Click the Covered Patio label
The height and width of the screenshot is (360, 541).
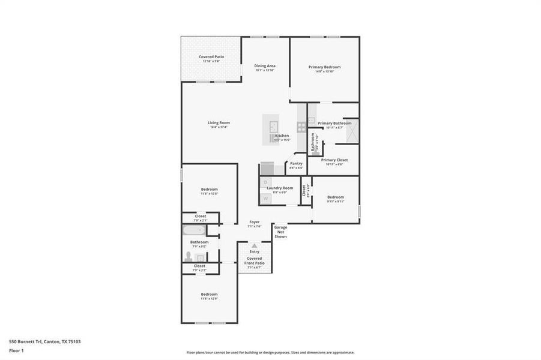coord(211,56)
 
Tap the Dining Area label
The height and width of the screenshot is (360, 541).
coord(264,65)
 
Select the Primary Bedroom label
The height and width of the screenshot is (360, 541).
coord(325,67)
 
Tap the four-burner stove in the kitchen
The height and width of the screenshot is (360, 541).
coord(301,127)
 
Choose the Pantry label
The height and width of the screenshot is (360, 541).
coord(296,163)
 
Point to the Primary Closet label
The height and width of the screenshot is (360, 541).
coord(334,160)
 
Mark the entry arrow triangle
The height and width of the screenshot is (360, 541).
coord(255,245)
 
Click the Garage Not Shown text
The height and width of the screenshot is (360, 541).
coord(280,232)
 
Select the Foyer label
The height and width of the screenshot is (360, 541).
coord(255,222)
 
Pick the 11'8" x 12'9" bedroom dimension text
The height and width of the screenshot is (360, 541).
coord(209,298)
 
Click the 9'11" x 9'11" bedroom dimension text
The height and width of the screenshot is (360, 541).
coord(336,202)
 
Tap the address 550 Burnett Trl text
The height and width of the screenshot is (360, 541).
coord(44,341)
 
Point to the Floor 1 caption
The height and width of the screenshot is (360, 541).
coord(16,350)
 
